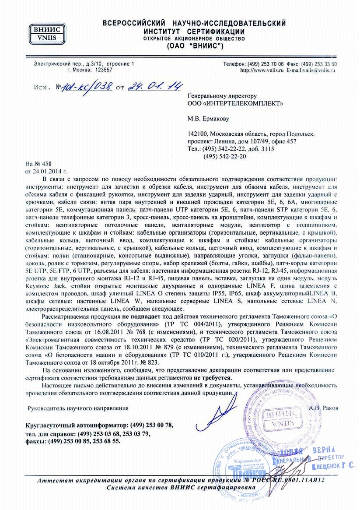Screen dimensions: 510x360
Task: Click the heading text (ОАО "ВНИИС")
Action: tap(195, 46)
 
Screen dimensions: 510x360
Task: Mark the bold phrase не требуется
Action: tap(213, 377)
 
